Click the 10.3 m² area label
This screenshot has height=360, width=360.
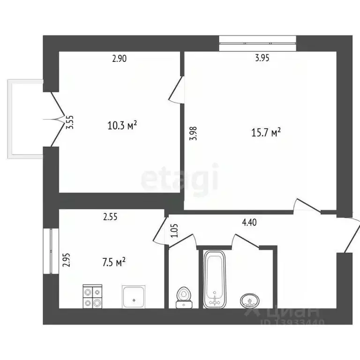122,125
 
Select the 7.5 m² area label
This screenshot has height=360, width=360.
114,262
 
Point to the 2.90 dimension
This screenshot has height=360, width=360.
119,59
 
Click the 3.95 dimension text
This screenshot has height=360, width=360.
262,59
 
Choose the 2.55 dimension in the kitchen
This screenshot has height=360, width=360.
110,217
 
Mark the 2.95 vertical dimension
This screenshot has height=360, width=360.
66,260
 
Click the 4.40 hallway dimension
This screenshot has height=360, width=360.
249,224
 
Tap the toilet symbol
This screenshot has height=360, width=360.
183,297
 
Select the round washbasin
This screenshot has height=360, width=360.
248,300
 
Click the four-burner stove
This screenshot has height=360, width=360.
92,296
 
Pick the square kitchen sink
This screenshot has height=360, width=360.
135,296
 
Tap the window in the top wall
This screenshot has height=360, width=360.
258,43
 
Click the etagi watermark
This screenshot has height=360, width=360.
180,177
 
